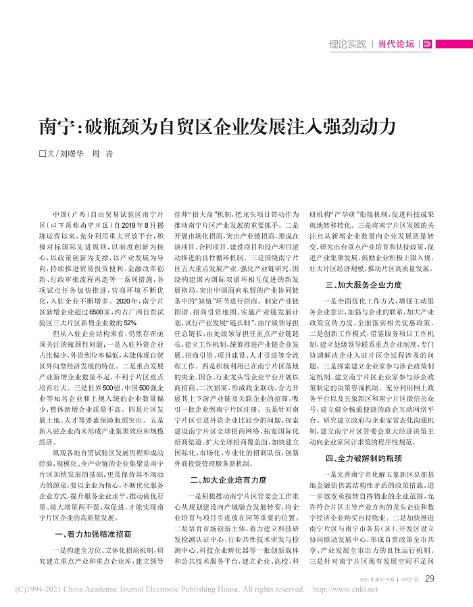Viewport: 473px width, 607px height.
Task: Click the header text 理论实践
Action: (347, 45)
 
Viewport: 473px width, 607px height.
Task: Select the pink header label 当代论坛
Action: (397, 45)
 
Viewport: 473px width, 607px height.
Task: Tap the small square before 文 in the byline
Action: (43, 154)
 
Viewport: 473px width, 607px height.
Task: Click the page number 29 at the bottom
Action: (430, 578)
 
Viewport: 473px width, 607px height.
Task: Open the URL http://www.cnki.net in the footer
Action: (346, 589)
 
